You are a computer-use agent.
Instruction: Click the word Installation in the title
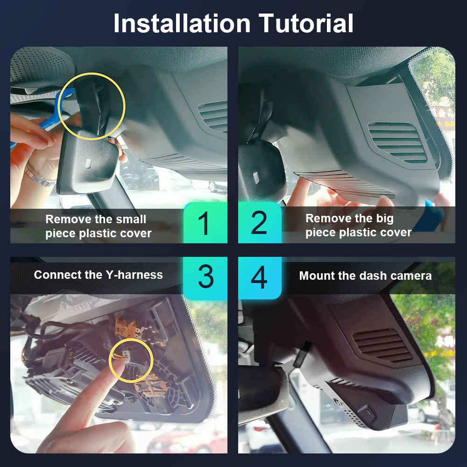click(182, 23)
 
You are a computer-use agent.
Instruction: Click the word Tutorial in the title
click(305, 23)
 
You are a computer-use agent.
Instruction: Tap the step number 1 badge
click(205, 223)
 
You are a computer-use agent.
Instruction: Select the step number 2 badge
click(260, 222)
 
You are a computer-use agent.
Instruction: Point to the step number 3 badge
click(205, 277)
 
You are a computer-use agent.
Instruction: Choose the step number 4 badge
click(260, 277)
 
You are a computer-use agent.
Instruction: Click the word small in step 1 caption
click(131, 219)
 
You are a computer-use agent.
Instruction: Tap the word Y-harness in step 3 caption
click(134, 275)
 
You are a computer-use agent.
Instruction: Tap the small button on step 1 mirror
click(88, 163)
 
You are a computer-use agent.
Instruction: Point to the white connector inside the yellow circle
click(126, 357)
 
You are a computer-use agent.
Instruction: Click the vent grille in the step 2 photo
click(397, 142)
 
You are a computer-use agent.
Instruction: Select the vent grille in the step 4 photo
click(382, 345)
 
